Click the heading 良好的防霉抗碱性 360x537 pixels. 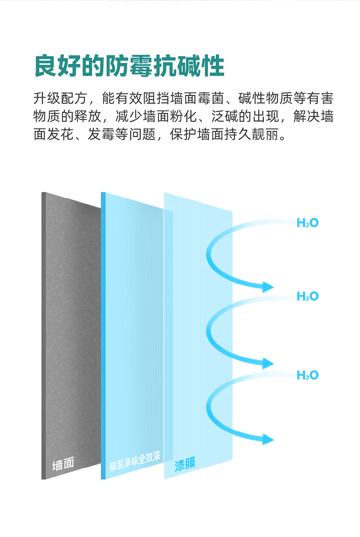129,66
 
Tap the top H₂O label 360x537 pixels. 307,223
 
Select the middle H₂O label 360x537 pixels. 307,296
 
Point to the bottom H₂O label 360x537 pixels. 307,375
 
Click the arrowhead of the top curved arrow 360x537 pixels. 268,287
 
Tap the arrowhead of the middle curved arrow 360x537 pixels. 268,364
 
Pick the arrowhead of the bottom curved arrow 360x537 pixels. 268,439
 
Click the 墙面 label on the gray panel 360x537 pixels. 63,463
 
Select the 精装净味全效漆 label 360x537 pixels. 134,461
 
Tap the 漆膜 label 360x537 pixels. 185,464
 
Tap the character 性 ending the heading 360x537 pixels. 213,66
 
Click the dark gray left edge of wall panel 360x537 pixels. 44,336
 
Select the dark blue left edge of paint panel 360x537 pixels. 103,336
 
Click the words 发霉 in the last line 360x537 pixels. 102,134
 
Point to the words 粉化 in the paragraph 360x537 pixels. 183,116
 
